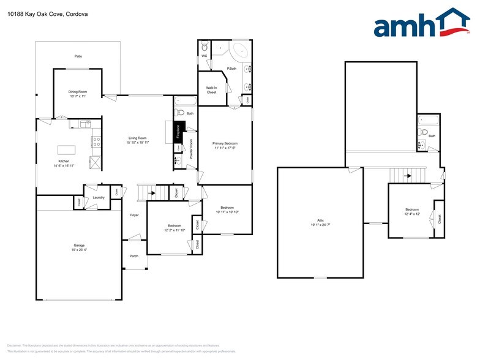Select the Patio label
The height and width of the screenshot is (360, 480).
78,56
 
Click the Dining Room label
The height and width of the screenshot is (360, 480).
78,92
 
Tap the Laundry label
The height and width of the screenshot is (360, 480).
99,198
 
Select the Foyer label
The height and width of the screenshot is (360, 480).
134,215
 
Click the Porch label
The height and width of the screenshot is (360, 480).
134,256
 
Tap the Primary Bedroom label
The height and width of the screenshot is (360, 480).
225,143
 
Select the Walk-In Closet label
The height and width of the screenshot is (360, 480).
212,90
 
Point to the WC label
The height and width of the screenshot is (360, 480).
204,56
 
